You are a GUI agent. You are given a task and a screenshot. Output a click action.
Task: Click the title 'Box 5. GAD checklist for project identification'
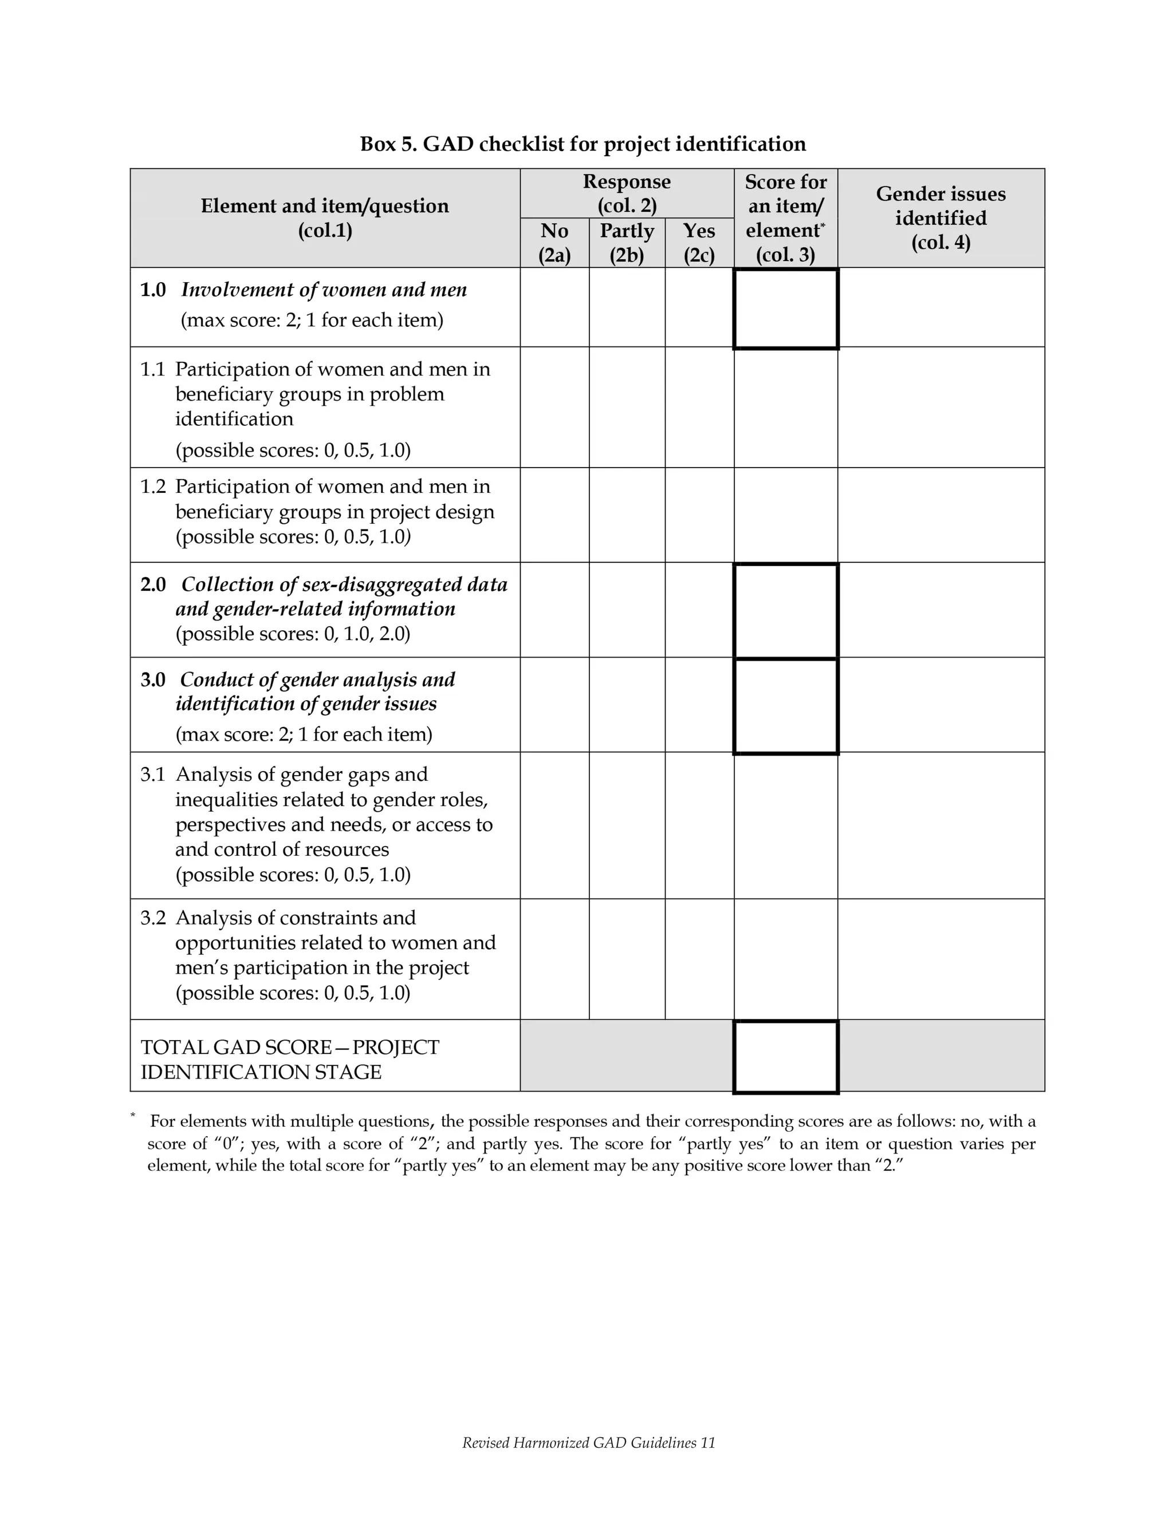click(582, 144)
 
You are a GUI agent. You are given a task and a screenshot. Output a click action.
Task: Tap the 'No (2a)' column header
click(554, 242)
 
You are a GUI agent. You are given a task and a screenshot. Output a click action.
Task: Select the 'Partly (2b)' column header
click(626, 242)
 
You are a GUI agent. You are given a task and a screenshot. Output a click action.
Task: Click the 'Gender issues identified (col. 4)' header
click(940, 218)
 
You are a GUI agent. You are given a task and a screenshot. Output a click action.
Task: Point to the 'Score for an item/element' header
click(785, 218)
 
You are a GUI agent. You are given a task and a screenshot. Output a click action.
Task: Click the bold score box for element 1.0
click(785, 309)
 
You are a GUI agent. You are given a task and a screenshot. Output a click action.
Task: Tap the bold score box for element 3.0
click(785, 705)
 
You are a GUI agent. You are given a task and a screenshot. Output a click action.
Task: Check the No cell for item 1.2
click(554, 515)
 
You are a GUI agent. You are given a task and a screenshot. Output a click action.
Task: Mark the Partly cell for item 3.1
click(626, 825)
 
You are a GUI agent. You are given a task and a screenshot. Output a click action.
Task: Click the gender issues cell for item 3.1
click(940, 825)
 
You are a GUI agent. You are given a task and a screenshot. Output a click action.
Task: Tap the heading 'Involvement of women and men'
click(324, 290)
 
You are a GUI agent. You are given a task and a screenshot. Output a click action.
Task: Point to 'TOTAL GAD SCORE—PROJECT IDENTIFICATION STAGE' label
click(290, 1059)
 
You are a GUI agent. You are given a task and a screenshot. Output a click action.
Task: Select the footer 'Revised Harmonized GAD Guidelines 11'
click(588, 1443)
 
